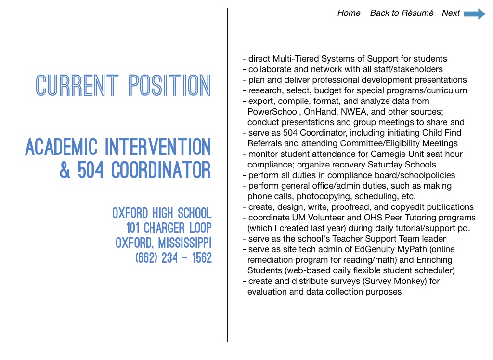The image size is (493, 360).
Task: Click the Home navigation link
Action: [349, 13]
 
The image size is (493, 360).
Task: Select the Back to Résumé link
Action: [402, 13]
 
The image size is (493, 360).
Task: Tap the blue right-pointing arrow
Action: [474, 14]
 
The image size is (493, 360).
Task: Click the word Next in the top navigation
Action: [451, 13]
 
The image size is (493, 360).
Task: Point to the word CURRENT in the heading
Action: [77, 86]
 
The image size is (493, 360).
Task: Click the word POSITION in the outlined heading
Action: [170, 86]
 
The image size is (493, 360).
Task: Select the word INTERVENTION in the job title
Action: [158, 147]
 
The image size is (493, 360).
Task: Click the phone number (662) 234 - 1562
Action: [173, 258]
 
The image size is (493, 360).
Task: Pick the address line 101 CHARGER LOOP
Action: [169, 228]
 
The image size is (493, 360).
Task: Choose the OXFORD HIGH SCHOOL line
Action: [162, 213]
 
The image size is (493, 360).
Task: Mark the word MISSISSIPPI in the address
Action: [185, 243]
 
